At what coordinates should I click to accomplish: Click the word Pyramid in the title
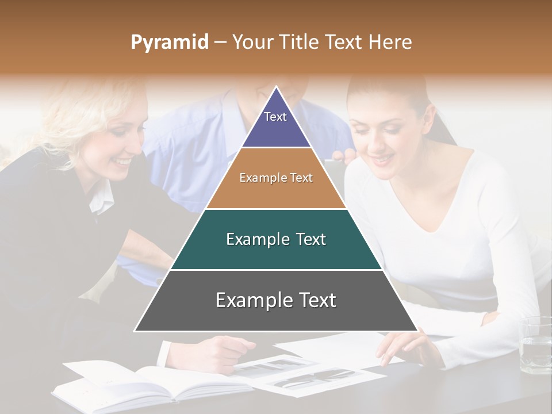point(169,43)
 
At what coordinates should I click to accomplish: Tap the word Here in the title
point(390,42)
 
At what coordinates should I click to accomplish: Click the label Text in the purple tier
point(275,117)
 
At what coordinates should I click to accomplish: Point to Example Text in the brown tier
point(276,178)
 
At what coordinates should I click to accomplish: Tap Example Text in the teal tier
point(276,239)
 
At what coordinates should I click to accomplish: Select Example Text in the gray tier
point(276,300)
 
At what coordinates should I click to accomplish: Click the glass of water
point(534,345)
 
